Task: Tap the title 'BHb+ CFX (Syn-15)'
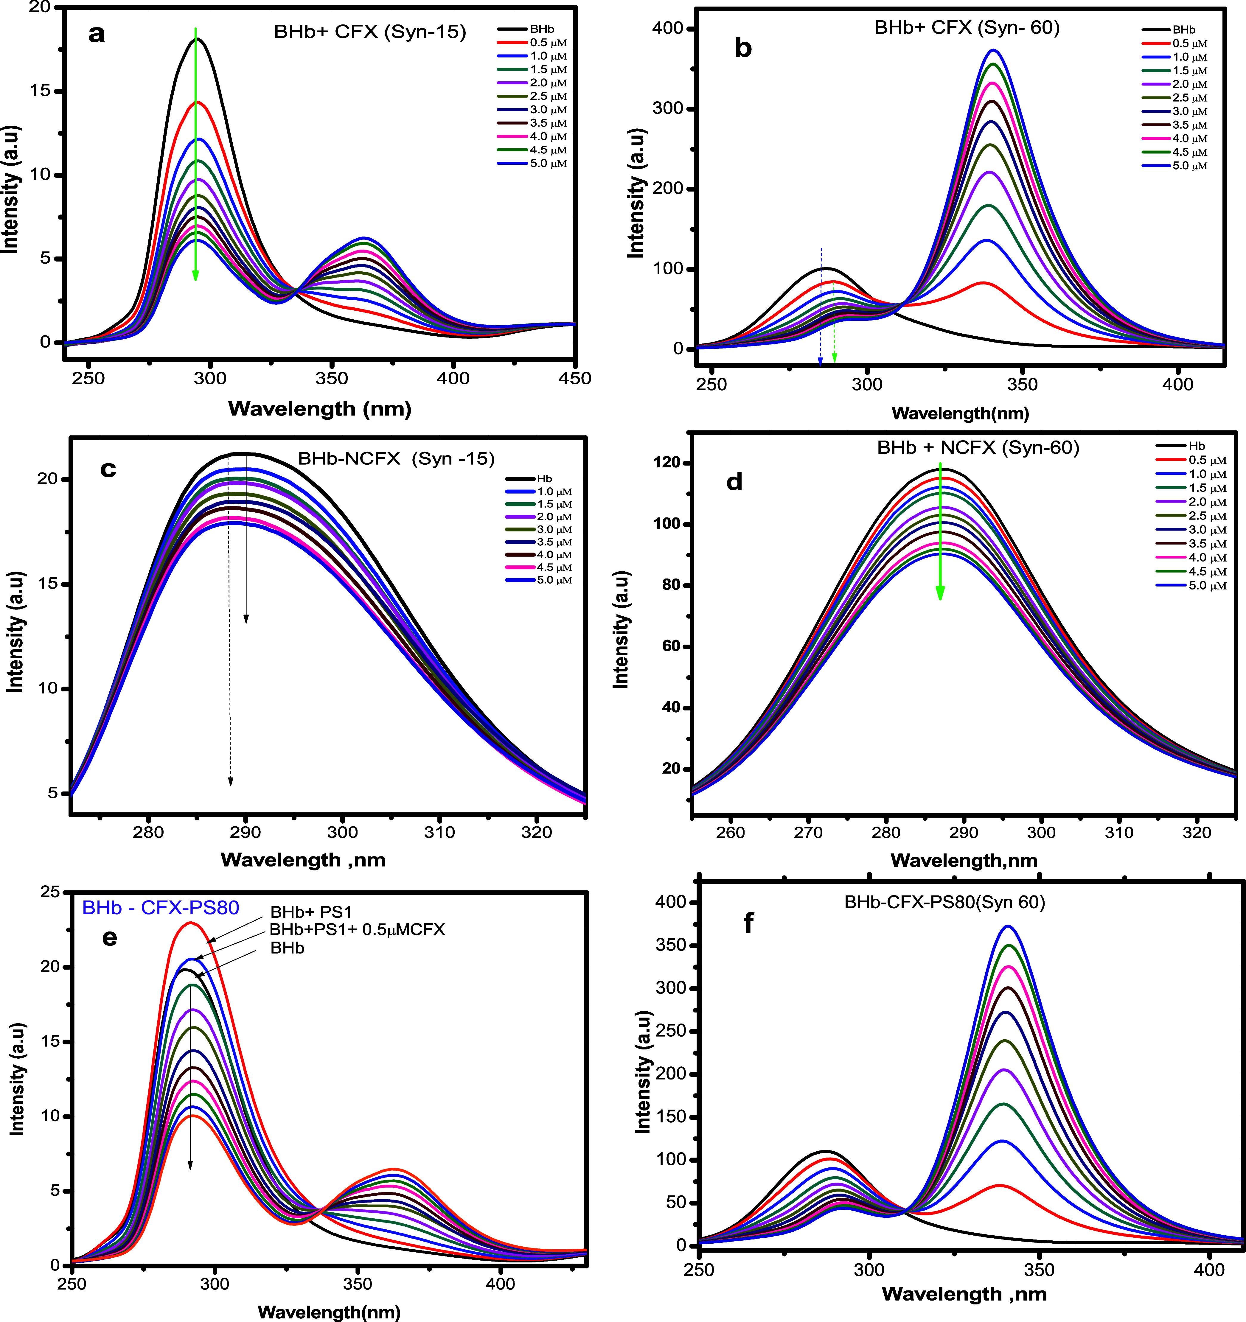(370, 32)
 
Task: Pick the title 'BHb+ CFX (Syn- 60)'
(967, 28)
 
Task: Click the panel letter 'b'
(742, 49)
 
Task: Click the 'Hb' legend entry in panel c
(544, 479)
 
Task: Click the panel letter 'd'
(734, 481)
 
